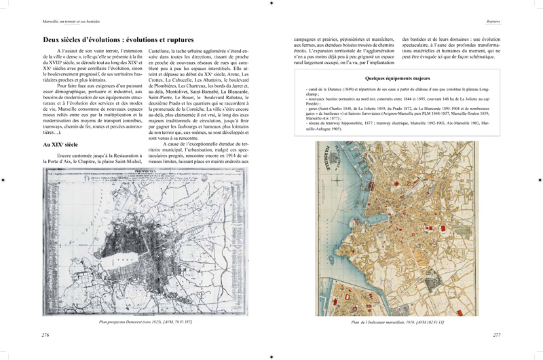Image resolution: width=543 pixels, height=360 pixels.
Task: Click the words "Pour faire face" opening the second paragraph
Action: pyautogui.click(x=73, y=86)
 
